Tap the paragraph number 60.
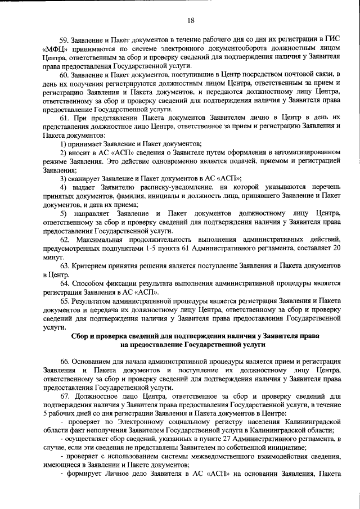(x=64, y=74)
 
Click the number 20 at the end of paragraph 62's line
(x=337, y=248)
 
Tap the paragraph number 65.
(x=64, y=301)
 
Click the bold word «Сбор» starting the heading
(x=83, y=336)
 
